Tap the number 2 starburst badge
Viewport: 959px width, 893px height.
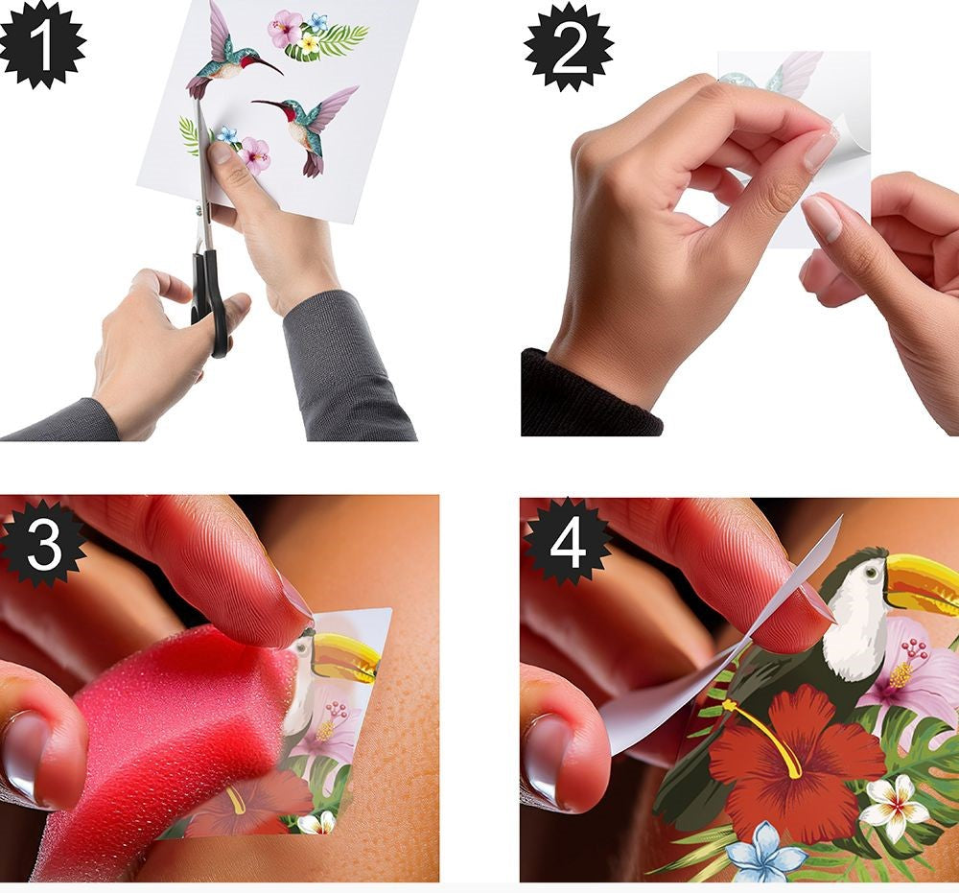(569, 47)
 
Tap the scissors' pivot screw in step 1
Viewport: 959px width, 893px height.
(199, 209)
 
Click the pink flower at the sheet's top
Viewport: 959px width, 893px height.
(285, 28)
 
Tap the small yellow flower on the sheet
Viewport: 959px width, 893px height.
(310, 43)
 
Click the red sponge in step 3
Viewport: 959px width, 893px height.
(177, 734)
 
